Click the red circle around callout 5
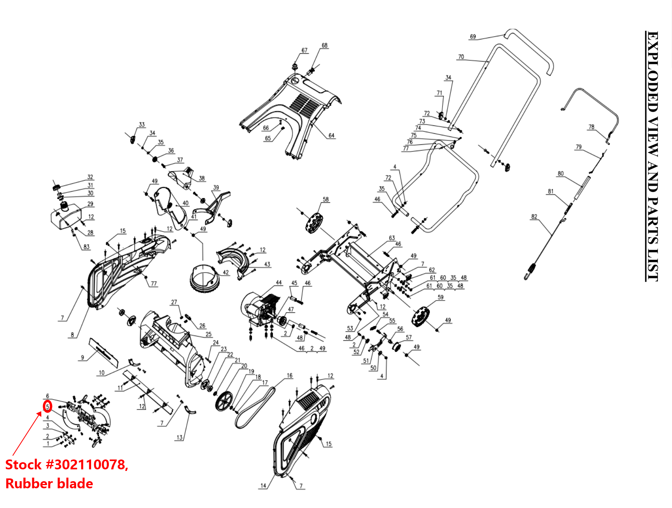coord(47,406)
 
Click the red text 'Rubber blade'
coord(49,484)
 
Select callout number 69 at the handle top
coord(473,37)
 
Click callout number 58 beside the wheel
coord(326,199)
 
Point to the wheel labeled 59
coord(420,317)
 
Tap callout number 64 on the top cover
coord(331,135)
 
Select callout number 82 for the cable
coord(534,217)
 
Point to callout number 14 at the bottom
coord(263,486)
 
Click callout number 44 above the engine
coord(279,282)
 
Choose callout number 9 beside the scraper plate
coord(82,357)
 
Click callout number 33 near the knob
coord(142,124)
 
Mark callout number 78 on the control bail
coord(591,127)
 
